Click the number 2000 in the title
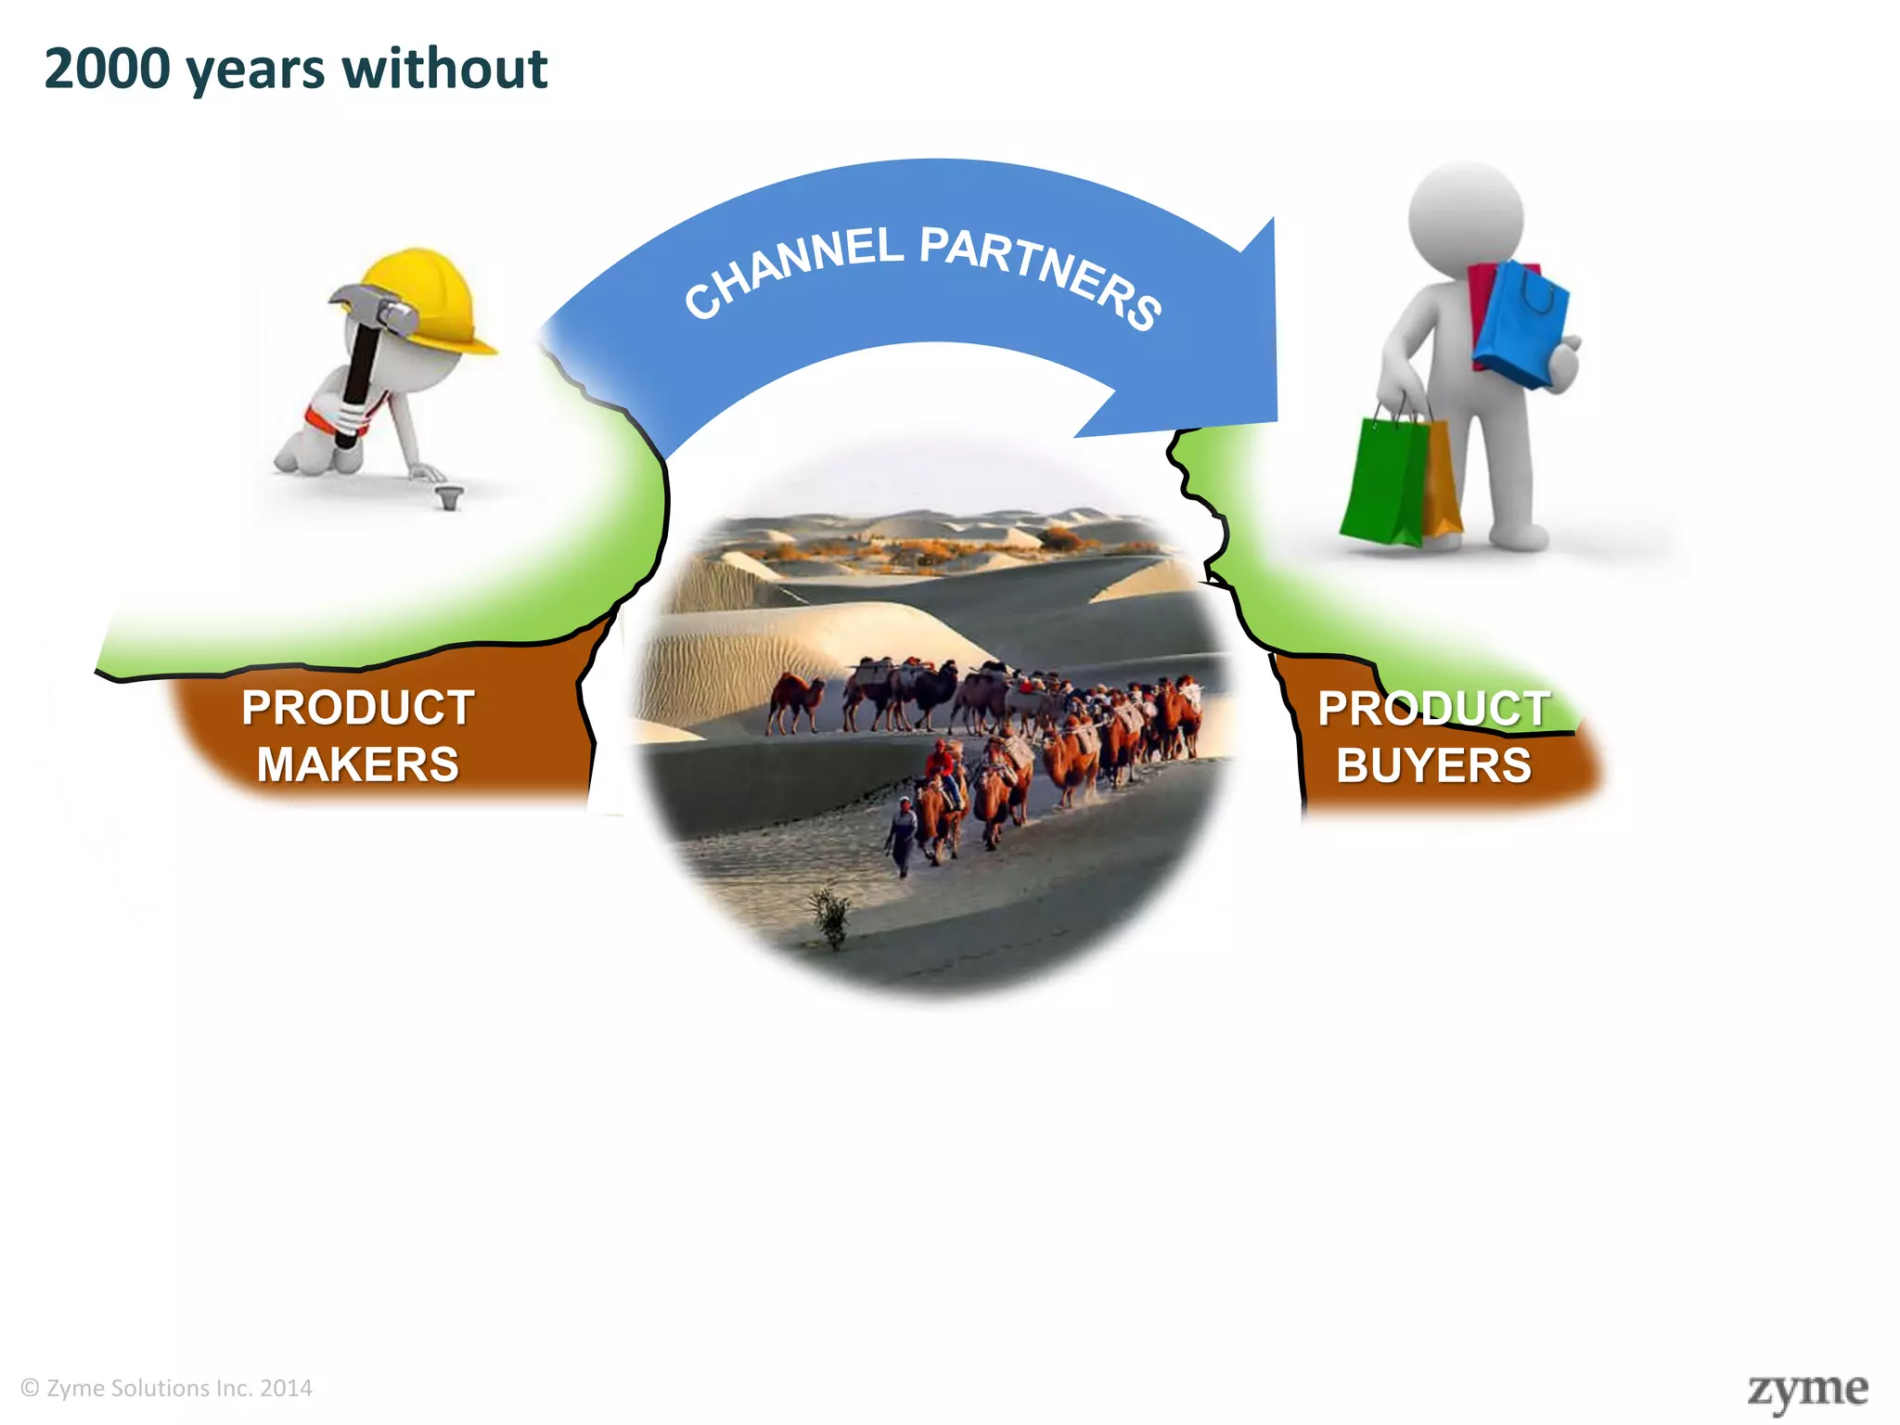108,70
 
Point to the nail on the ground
450,496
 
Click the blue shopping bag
1521,325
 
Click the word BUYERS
1433,766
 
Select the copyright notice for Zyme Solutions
167,1388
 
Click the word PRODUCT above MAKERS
358,708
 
